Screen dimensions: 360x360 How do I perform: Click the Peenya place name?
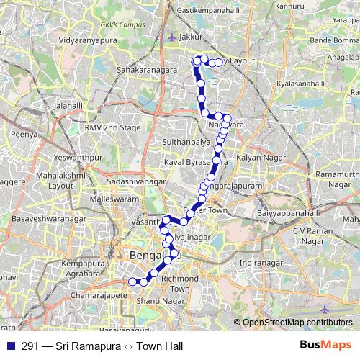point(24,134)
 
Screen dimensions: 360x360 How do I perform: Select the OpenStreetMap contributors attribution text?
point(297,322)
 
